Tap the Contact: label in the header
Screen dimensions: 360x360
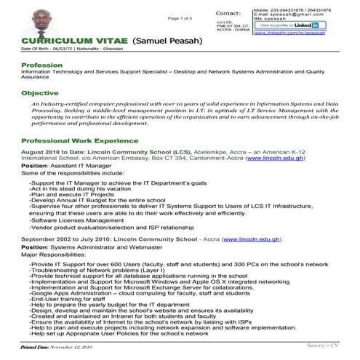pos(229,13)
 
